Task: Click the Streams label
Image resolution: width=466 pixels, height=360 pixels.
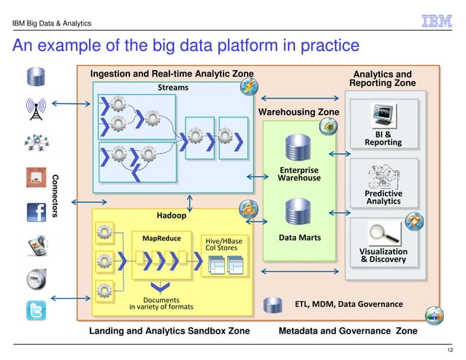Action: [173, 88]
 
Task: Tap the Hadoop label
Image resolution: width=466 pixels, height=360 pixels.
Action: [172, 215]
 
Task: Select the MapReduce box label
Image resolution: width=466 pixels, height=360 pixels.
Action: [161, 238]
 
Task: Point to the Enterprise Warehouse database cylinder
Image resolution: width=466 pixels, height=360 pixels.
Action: [299, 150]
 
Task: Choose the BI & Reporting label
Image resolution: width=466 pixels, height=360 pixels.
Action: [383, 138]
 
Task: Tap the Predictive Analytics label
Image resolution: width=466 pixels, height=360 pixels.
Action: [383, 197]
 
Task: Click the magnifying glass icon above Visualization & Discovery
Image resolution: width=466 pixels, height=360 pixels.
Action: [383, 232]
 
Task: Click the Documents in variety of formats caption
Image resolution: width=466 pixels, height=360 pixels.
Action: [161, 303]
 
